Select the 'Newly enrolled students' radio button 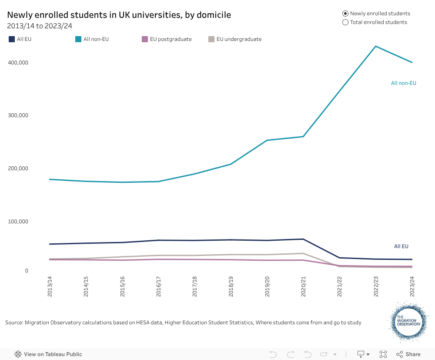345,13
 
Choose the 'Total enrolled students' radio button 345,22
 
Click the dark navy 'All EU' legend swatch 12,39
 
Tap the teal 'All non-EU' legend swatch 78,39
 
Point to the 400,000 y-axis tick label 18,63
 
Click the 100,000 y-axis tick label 18,222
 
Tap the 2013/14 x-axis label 50,286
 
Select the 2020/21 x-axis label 304,286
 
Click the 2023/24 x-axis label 412,286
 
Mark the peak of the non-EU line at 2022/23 375,46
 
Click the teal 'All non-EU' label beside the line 403,83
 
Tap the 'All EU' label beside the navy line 401,246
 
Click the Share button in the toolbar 408,354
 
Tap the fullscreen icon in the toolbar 383,354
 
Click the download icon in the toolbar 361,354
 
